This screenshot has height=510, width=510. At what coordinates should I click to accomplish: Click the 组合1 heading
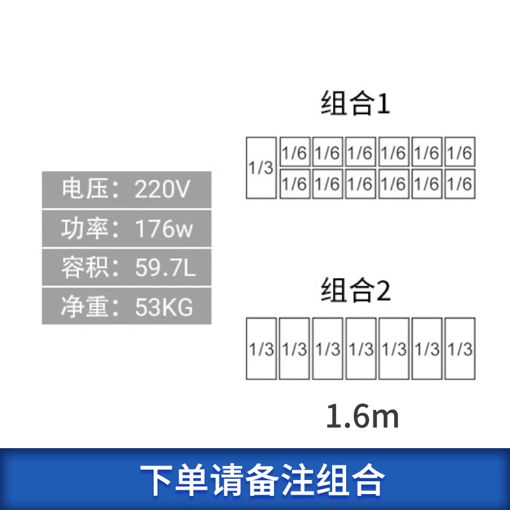(354, 103)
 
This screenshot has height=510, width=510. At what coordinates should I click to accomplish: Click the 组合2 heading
(354, 291)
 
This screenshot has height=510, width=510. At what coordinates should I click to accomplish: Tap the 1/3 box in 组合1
(261, 168)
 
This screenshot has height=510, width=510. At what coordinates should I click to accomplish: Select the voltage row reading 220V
(126, 189)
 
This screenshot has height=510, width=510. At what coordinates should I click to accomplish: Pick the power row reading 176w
(126, 228)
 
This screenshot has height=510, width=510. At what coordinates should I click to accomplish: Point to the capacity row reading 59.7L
(126, 268)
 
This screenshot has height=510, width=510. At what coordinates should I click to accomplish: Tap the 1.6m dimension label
(362, 417)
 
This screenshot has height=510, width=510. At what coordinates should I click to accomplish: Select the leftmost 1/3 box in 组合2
(261, 349)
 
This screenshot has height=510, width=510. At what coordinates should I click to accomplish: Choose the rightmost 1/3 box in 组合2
(460, 349)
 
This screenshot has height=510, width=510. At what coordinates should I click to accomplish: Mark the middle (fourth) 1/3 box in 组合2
(361, 349)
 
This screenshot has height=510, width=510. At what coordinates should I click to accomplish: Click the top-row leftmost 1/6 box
(295, 153)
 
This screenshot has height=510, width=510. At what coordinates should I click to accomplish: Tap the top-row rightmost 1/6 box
(460, 153)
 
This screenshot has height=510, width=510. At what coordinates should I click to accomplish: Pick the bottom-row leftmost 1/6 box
(295, 184)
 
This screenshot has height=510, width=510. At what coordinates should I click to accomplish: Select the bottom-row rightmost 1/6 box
(460, 184)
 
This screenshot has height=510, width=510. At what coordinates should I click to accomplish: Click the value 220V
(162, 189)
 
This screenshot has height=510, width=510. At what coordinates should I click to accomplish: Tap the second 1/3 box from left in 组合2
(295, 349)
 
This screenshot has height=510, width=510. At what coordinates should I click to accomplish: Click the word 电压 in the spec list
(80, 189)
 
